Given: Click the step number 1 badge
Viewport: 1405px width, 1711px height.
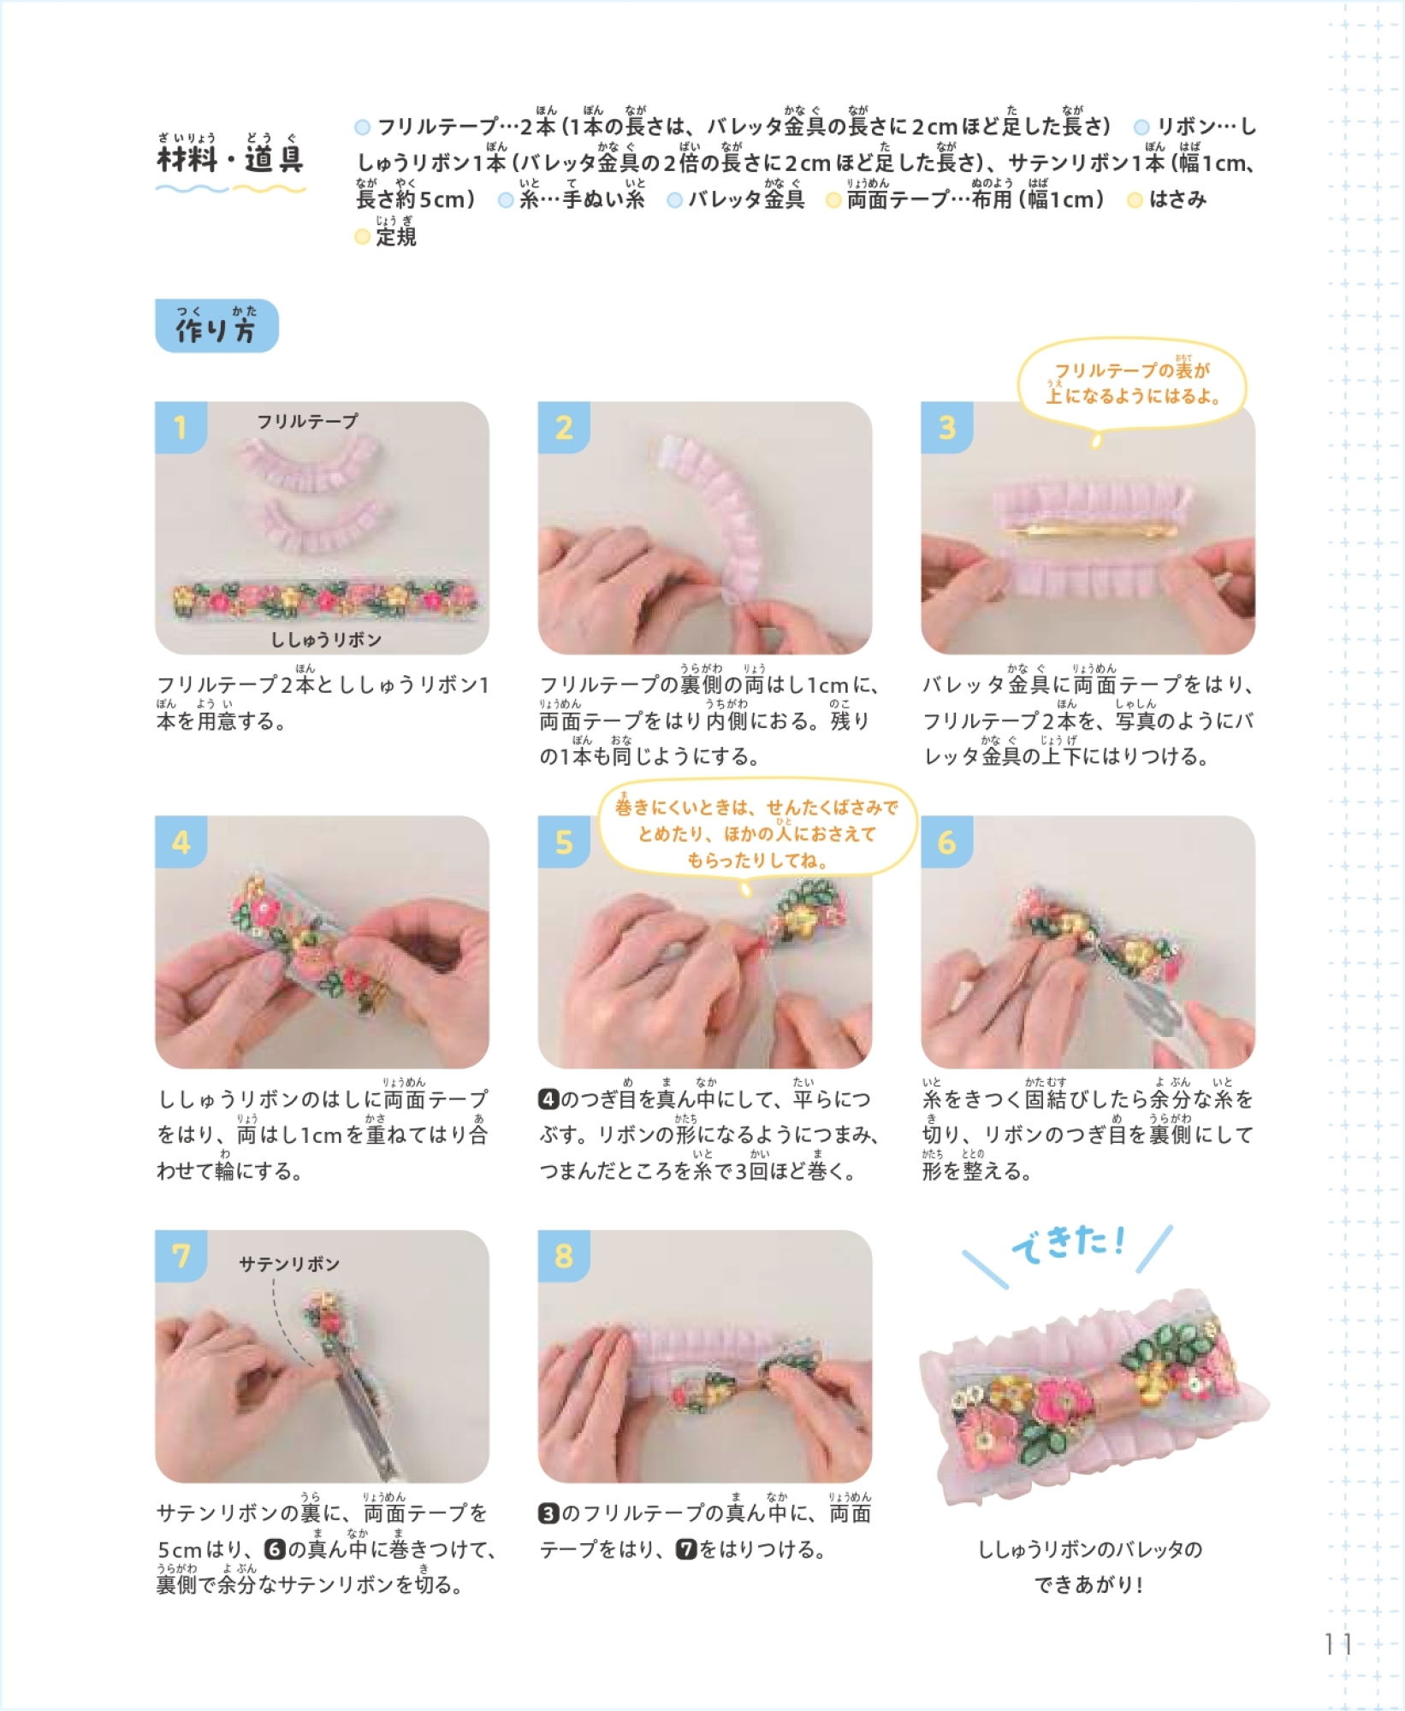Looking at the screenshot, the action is click(x=181, y=426).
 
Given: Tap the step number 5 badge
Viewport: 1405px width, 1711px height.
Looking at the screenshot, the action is click(x=563, y=842).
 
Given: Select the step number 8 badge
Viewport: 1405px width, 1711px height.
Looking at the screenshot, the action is click(x=563, y=1255).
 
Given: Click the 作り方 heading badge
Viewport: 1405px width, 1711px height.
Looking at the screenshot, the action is click(x=216, y=326).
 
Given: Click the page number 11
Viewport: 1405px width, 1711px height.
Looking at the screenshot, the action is click(x=1338, y=1644).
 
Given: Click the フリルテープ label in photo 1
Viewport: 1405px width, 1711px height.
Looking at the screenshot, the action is click(x=307, y=421).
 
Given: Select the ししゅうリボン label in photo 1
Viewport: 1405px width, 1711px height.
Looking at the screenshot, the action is click(x=326, y=639).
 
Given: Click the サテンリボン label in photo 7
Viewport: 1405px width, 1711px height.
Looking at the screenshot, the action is click(x=289, y=1264).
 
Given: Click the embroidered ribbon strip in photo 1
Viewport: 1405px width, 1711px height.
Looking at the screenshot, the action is click(x=328, y=601).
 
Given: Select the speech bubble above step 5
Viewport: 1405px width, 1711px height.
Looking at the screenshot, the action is click(x=757, y=833).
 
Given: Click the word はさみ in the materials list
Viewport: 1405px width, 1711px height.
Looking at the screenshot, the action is click(x=1177, y=200).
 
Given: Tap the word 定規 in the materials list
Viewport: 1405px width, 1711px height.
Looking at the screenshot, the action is click(x=396, y=237).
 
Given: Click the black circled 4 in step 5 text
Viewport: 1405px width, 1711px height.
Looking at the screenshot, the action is click(x=548, y=1099).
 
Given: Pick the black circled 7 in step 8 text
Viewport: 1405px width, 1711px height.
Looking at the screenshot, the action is click(x=686, y=1549).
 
